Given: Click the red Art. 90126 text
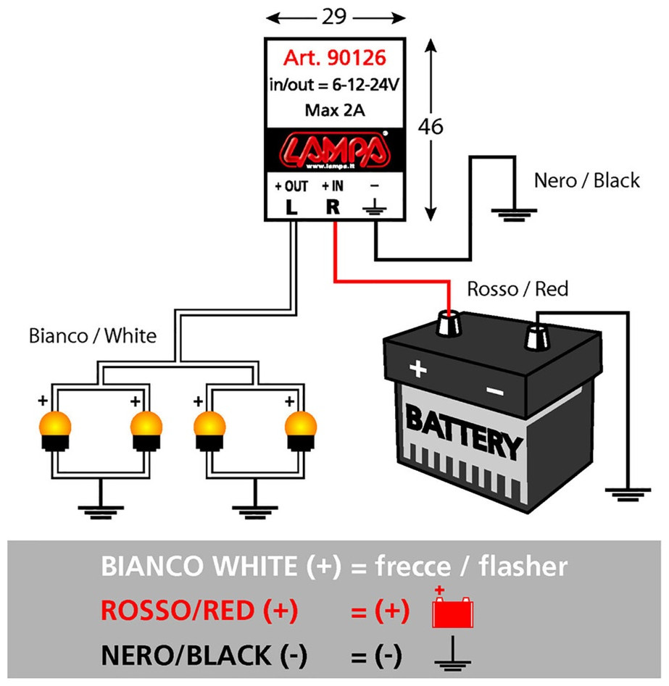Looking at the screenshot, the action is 335,58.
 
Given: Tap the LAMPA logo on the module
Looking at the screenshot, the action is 335,150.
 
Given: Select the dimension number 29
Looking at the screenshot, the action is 335,17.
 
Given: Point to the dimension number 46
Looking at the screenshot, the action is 431,127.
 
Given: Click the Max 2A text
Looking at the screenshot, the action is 335,110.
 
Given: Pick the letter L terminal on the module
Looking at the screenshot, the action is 291,207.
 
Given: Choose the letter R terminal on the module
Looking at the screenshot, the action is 333,207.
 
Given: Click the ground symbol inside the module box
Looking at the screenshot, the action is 374,207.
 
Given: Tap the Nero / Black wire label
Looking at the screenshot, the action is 586,180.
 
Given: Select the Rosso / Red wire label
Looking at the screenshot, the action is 518,289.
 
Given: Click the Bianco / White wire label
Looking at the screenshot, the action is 92,336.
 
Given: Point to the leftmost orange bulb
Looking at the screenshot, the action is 55,430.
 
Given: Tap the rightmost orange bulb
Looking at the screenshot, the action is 301,430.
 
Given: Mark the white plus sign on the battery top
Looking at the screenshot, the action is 417,369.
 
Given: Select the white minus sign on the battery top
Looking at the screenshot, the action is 496,391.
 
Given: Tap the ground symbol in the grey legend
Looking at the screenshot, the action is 453,653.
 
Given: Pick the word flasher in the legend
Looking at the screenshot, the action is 523,566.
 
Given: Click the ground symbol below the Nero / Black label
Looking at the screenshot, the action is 514,215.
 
